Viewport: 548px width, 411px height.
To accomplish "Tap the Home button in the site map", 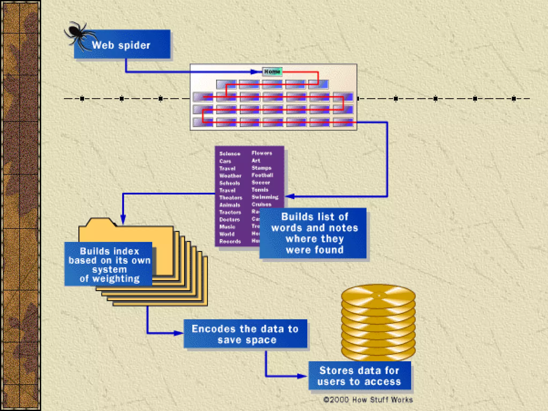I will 272,71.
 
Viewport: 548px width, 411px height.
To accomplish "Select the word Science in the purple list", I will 230,154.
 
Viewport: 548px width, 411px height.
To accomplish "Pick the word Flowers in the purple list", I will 262,153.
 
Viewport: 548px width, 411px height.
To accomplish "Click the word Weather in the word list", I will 230,176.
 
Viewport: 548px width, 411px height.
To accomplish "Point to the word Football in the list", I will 262,175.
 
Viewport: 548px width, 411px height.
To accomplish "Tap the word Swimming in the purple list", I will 265,197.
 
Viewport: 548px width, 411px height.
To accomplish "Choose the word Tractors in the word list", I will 230,212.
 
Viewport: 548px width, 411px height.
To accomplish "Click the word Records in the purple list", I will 230,241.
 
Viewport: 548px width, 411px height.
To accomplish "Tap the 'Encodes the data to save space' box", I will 245,334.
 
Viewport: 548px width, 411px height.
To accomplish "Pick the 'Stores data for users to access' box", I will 359,376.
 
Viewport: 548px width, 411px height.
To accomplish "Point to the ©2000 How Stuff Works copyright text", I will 368,400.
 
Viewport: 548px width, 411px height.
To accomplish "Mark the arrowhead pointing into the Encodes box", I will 179,333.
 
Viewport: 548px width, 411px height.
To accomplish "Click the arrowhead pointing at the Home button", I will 256,72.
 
